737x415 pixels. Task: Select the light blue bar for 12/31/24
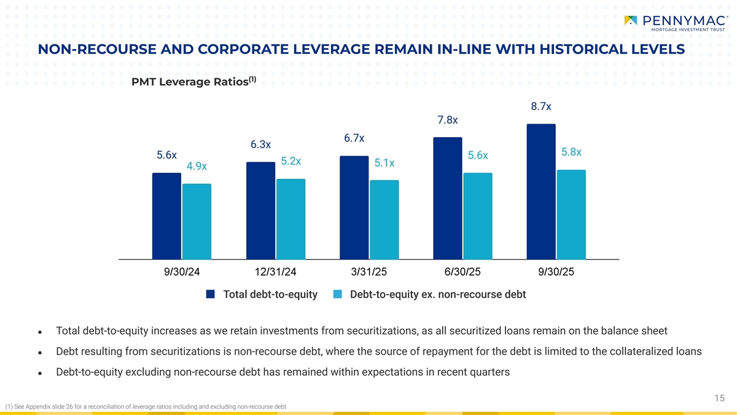pos(291,218)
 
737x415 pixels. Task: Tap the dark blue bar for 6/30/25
pos(447,197)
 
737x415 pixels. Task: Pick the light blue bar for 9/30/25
pos(571,214)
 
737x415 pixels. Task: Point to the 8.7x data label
pos(540,106)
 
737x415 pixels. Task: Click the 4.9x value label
pos(197,166)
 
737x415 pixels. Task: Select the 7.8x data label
pos(447,120)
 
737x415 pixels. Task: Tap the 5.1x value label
pos(384,163)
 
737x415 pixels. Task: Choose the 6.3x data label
pos(260,144)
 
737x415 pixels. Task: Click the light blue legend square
pos(337,294)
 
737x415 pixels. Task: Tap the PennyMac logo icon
pos(630,20)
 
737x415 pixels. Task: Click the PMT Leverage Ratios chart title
pos(189,82)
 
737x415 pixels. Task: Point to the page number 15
pos(720,398)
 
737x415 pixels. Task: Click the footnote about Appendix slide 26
pos(145,407)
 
